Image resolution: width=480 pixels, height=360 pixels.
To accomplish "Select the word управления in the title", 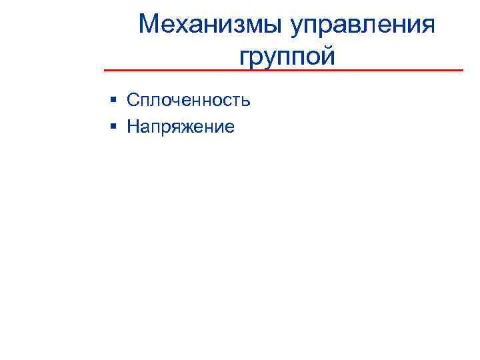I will (364, 26).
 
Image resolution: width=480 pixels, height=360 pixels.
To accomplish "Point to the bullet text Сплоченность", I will (189, 100).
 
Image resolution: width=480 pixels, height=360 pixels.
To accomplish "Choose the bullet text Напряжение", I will (181, 126).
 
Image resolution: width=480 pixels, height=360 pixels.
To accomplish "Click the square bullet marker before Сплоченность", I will (115, 100).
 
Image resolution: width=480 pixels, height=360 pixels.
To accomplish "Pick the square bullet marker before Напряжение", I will (115, 125).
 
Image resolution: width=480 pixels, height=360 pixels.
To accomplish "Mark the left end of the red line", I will (105, 70).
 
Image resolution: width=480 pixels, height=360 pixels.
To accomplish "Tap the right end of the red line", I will (462, 70).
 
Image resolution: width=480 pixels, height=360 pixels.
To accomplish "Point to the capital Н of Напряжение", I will (133, 125).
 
